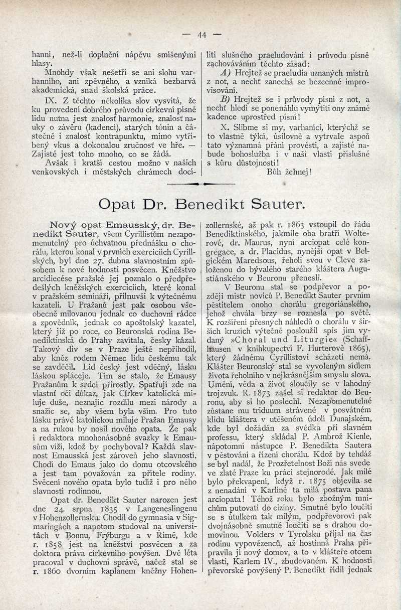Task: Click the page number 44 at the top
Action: tap(202, 35)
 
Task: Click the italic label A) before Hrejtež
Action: tap(223, 73)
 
